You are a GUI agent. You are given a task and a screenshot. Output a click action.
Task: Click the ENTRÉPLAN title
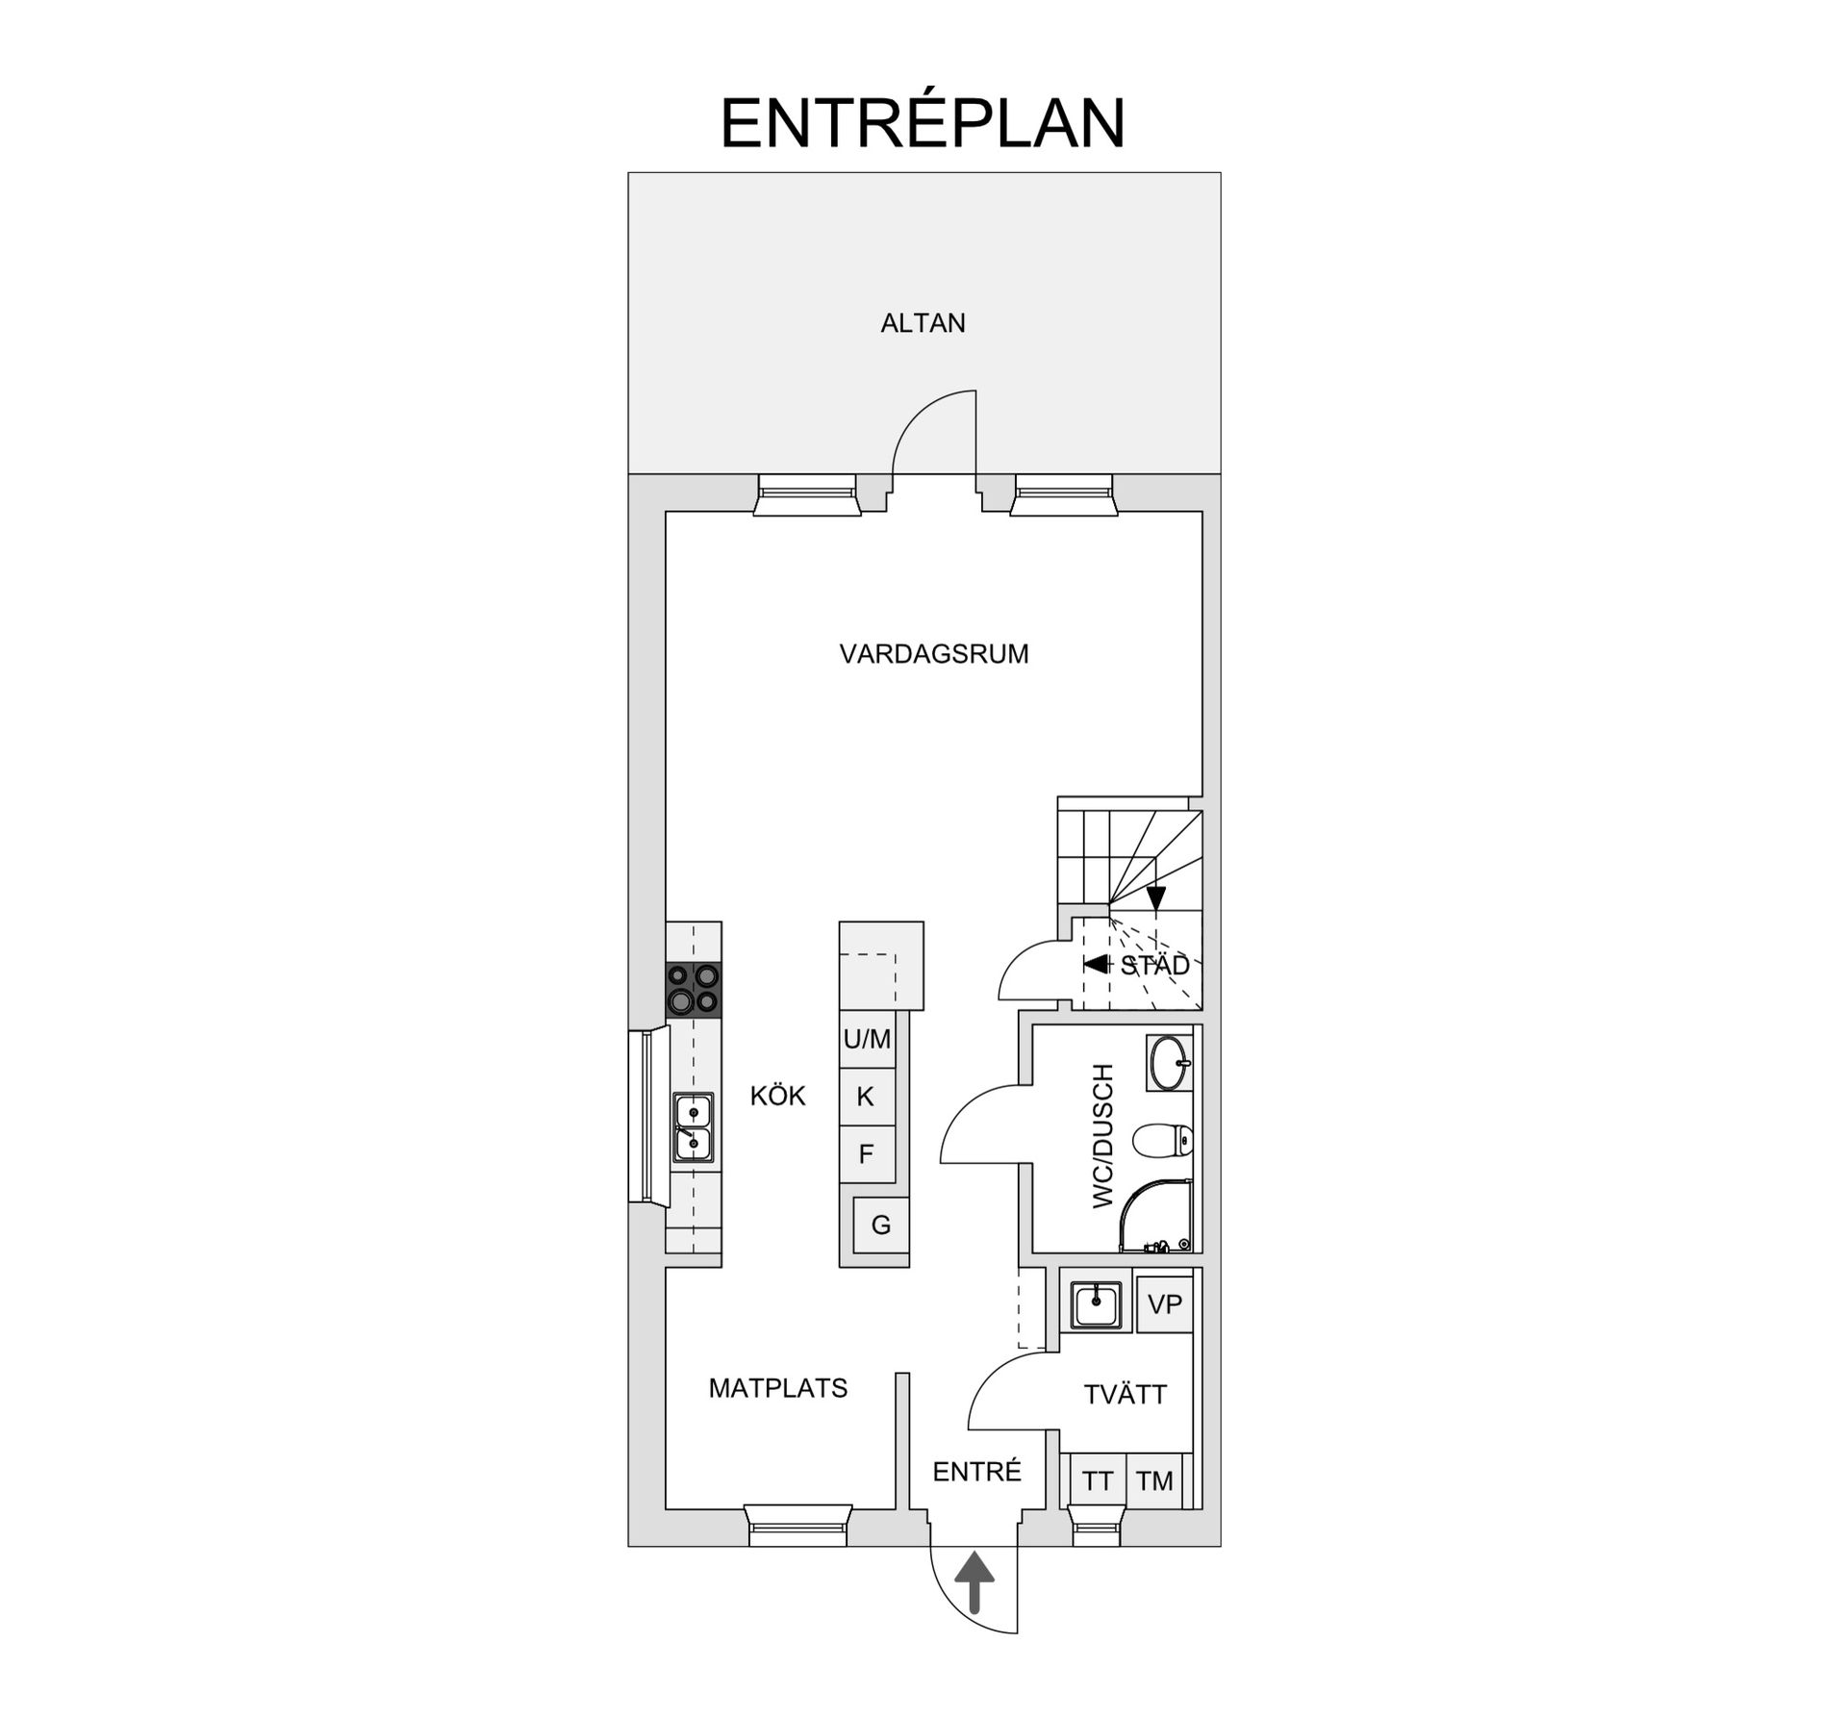click(x=923, y=123)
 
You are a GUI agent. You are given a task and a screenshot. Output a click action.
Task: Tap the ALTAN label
click(x=923, y=323)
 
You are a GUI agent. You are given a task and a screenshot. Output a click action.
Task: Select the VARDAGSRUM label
click(x=933, y=654)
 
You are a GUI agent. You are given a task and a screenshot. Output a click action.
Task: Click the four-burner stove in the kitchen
click(x=694, y=989)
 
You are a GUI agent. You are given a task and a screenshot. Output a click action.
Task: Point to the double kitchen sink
click(x=693, y=1127)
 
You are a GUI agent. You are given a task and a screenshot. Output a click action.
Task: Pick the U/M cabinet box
click(x=867, y=1039)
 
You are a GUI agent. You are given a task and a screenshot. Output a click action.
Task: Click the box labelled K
click(x=866, y=1097)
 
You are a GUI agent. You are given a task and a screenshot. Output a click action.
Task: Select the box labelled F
click(x=866, y=1154)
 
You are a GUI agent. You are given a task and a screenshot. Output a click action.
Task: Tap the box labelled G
click(x=880, y=1225)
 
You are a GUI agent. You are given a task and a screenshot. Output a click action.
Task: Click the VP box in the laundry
click(x=1164, y=1304)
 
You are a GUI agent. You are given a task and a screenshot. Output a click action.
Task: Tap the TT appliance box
click(x=1097, y=1480)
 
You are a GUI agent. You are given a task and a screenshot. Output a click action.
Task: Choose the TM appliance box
click(x=1153, y=1480)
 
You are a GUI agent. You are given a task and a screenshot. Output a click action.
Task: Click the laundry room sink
click(x=1096, y=1305)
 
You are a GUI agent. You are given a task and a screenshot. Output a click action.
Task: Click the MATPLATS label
click(x=777, y=1388)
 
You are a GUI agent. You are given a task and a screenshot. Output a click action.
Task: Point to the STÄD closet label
click(x=1154, y=965)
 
